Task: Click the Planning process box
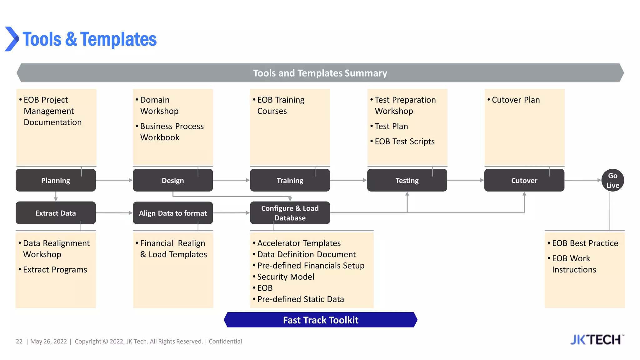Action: pos(56,180)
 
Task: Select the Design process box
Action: pos(173,180)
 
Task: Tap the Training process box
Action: pos(290,180)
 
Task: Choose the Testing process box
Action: pos(407,180)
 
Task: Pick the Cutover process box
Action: pos(524,180)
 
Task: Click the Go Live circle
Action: pos(612,180)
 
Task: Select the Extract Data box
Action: pos(56,213)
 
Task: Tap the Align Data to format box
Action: pos(173,213)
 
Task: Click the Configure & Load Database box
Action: pos(290,213)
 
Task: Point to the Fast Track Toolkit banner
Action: pos(320,320)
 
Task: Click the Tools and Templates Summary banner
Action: pos(320,73)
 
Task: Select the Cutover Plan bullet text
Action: pos(516,100)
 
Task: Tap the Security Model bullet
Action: pos(285,277)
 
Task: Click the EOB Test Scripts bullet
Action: pos(404,141)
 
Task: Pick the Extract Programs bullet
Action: pos(55,269)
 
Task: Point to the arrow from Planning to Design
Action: pos(114,180)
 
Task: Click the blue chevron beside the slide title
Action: pos(12,39)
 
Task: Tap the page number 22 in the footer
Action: pos(19,341)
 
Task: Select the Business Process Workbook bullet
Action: pos(172,132)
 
